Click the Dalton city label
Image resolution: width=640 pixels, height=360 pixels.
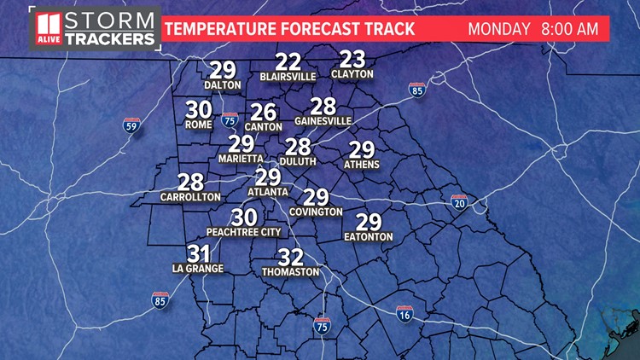[222, 85]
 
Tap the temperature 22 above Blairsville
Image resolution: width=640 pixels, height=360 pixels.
[288, 61]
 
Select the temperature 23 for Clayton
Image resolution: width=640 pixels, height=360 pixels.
[352, 59]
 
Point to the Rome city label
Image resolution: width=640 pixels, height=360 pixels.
[198, 125]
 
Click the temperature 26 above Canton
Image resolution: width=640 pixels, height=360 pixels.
[264, 112]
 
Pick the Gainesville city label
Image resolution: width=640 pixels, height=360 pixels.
[323, 121]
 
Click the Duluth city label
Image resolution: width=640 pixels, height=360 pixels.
[298, 160]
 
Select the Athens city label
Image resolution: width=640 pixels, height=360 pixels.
[362, 164]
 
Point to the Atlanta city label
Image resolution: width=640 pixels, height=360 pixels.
[268, 191]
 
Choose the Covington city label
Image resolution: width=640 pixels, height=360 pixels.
[316, 212]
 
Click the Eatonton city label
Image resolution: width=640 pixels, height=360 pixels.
[368, 236]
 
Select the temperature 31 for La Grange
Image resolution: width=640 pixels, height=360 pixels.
[198, 253]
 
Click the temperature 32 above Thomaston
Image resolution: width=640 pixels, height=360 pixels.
[291, 257]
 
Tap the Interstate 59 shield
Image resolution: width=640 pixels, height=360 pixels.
[131, 126]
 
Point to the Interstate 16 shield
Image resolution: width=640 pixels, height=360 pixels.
[403, 314]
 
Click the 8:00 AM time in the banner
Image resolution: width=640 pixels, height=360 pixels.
[575, 28]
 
